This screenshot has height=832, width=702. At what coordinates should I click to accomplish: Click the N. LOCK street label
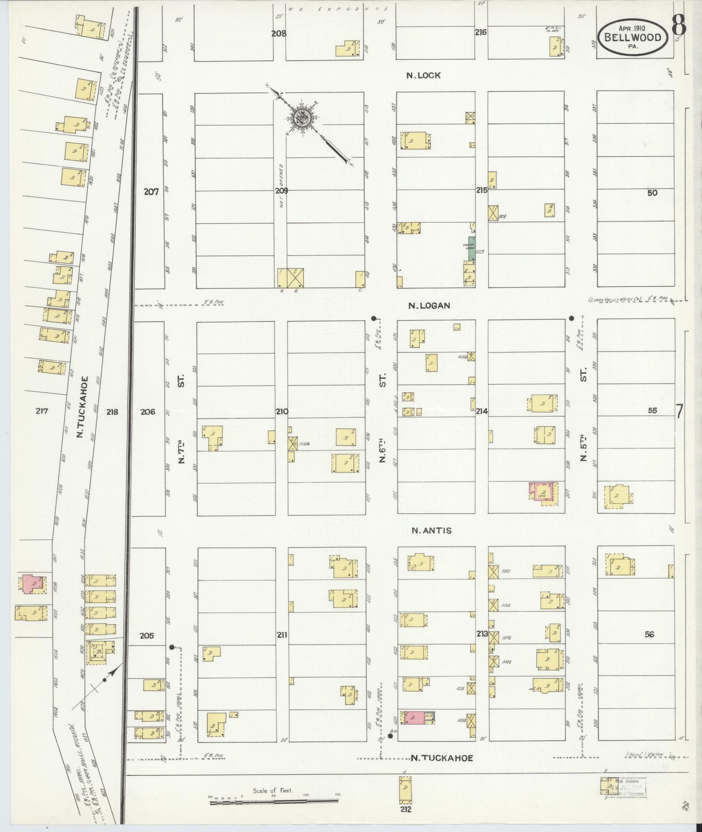[424, 75]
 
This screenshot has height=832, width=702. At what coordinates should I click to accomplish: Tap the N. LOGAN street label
[429, 305]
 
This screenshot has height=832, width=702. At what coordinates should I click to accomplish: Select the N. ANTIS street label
[431, 531]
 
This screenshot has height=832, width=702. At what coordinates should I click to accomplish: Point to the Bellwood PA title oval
[632, 39]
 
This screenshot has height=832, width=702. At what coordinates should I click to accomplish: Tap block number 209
[281, 191]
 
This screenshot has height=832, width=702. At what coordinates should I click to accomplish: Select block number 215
[481, 190]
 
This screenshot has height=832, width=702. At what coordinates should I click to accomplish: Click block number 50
[652, 193]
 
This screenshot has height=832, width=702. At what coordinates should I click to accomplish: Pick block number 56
[650, 634]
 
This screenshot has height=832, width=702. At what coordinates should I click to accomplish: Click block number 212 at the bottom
[406, 809]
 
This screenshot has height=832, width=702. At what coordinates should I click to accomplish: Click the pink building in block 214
[542, 492]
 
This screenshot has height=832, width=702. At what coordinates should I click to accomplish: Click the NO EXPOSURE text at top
[338, 9]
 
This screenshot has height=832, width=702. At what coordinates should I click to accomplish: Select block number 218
[112, 412]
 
